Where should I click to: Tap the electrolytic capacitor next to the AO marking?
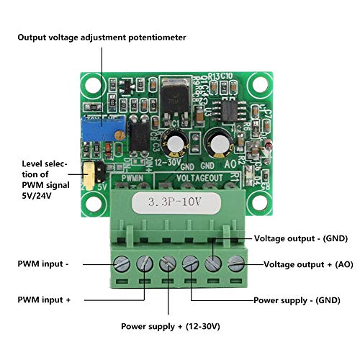217,140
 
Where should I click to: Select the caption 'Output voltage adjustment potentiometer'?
102,37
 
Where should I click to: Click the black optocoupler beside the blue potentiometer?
142,135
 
